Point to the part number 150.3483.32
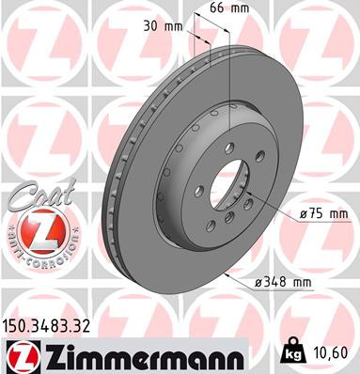pos(49,326)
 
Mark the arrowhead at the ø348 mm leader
pos(231,273)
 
